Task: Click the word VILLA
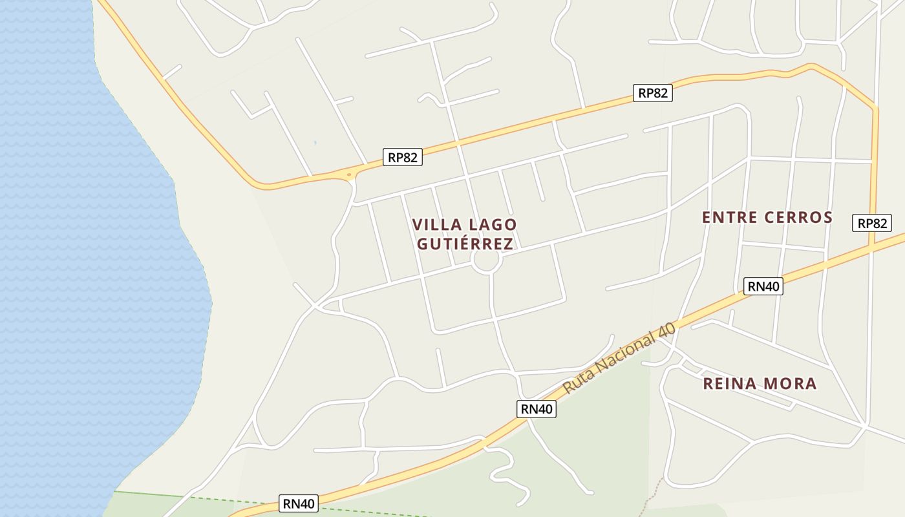click(436, 225)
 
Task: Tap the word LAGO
click(493, 225)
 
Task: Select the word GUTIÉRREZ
click(465, 244)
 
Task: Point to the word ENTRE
click(729, 217)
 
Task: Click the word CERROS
click(798, 217)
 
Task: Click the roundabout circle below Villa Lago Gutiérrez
click(485, 261)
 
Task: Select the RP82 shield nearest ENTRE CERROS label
click(871, 223)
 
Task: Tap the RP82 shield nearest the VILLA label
click(402, 157)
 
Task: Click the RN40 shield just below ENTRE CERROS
click(763, 286)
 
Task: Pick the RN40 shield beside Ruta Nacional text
click(537, 408)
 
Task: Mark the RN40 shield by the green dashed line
click(299, 503)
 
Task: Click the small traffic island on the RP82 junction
click(349, 174)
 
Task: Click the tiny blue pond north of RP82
click(315, 142)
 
